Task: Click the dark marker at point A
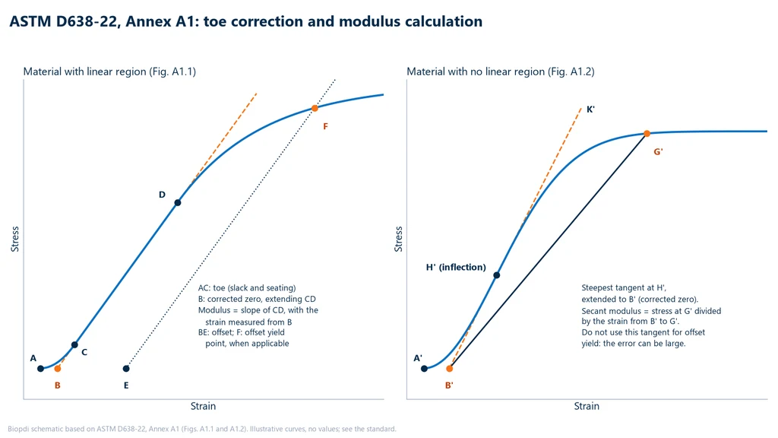click(x=41, y=369)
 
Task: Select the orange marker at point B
click(x=58, y=369)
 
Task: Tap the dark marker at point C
click(x=74, y=344)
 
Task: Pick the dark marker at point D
click(x=178, y=202)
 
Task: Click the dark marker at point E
click(x=126, y=369)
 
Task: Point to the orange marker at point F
click(x=315, y=108)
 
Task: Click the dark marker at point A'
click(x=424, y=369)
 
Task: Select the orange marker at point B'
click(x=450, y=369)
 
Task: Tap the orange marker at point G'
click(x=647, y=134)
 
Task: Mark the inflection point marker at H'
click(x=497, y=275)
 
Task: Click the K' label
click(x=590, y=109)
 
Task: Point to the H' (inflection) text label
click(x=456, y=267)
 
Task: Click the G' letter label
click(x=658, y=151)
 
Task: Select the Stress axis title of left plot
click(x=15, y=239)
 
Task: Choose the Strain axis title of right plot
click(x=587, y=406)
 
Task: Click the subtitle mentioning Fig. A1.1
click(x=109, y=71)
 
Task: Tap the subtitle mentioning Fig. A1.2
click(x=501, y=71)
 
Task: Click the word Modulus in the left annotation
click(x=213, y=310)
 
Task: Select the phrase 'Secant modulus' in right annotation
click(x=612, y=311)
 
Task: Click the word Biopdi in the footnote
click(x=18, y=429)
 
